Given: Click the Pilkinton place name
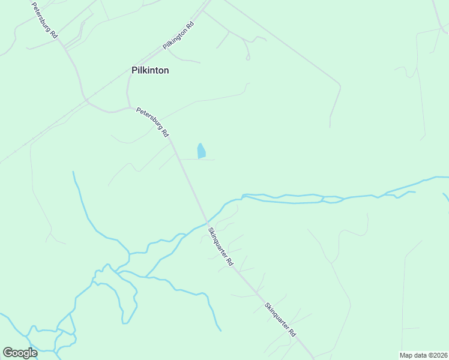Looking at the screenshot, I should tap(150, 70).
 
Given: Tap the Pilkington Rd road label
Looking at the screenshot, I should tap(179, 36).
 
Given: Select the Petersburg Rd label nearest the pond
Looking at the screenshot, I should tap(152, 123).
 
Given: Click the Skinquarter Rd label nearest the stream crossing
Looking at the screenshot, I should tap(220, 246).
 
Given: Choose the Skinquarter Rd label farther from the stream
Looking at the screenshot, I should tap(281, 319).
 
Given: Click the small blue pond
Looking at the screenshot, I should tap(201, 151).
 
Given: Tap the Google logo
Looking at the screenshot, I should tap(20, 353).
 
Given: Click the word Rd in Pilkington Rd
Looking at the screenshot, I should tap(191, 26).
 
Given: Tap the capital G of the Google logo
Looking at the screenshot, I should tap(8, 353).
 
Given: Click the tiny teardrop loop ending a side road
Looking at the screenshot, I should tap(247, 58).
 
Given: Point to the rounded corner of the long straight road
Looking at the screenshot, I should tap(339, 88).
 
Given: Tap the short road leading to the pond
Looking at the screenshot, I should tap(198, 160).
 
